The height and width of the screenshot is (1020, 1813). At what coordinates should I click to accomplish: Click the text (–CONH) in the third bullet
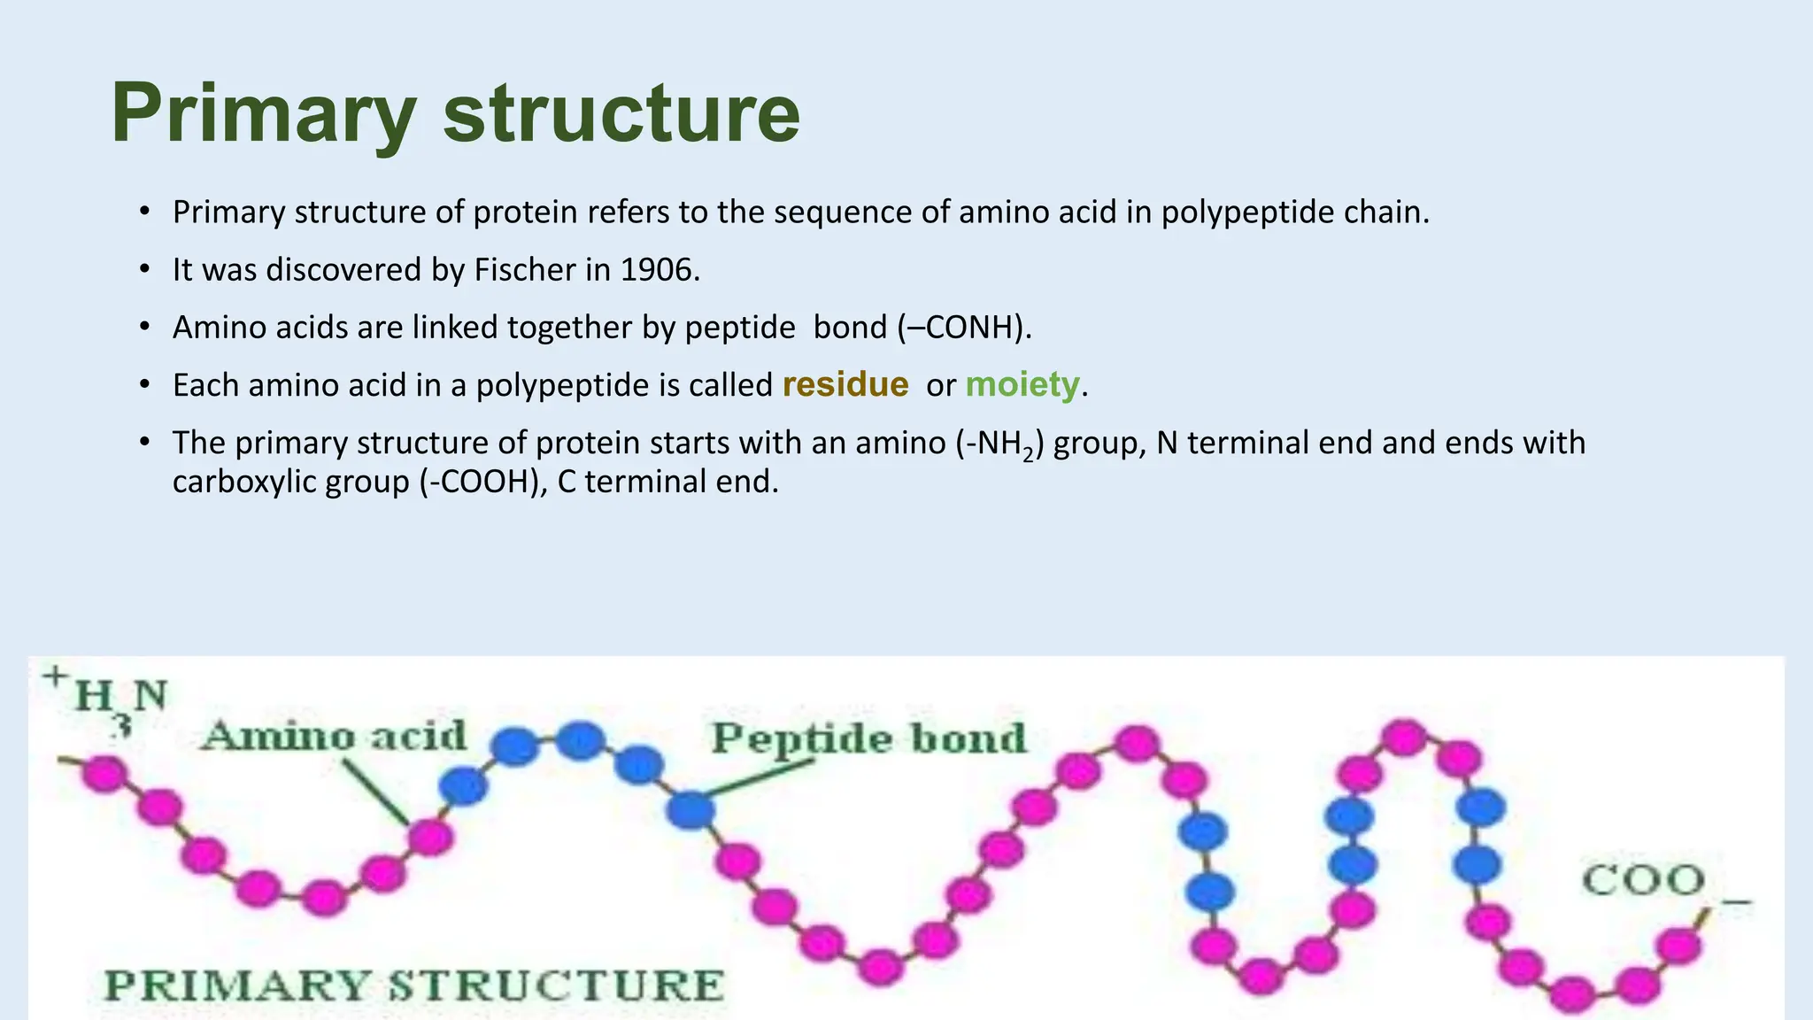pos(964,328)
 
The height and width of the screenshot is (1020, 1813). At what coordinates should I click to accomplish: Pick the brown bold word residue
pos(845,384)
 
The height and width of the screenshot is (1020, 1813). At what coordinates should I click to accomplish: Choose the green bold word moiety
pos(1022,384)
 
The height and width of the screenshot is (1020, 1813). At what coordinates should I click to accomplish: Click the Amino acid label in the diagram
pos(334,737)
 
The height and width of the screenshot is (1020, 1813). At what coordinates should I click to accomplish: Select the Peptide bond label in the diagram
pos(868,738)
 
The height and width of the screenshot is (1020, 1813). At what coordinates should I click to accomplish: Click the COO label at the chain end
pos(1644,880)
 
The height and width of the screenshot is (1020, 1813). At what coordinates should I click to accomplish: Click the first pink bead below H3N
pos(104,775)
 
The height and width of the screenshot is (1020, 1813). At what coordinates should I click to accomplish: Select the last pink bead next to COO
pos(1678,945)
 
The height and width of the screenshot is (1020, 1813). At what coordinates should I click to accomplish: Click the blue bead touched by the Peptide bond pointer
pos(690,808)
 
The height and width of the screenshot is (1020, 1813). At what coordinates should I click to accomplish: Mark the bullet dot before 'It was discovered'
pos(144,270)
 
